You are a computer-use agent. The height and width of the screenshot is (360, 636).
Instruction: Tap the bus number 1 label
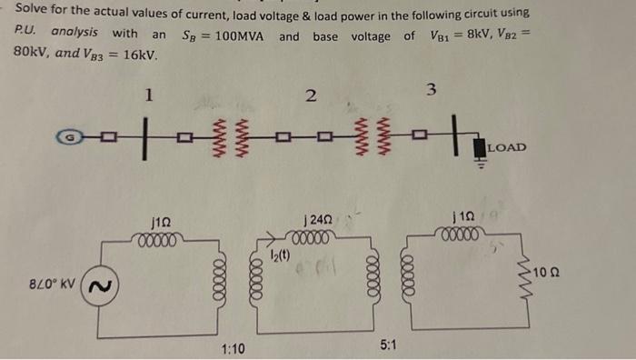(x=150, y=93)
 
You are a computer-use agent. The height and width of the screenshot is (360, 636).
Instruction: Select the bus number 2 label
(x=311, y=95)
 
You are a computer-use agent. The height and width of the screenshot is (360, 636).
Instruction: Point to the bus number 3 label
(x=431, y=89)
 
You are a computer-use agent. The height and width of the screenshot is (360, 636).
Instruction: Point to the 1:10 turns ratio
(x=234, y=349)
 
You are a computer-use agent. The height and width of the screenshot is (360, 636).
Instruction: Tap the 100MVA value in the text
(x=237, y=35)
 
